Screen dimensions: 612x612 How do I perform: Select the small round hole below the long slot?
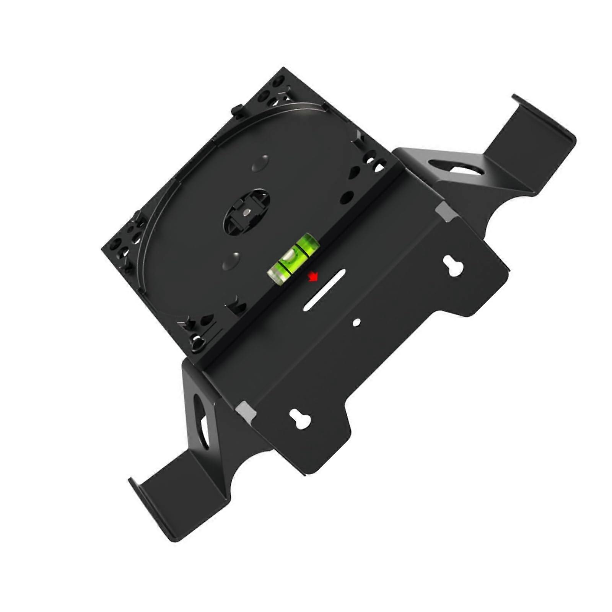coord(356,322)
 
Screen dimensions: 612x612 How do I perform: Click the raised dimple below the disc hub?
coord(231,260)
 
